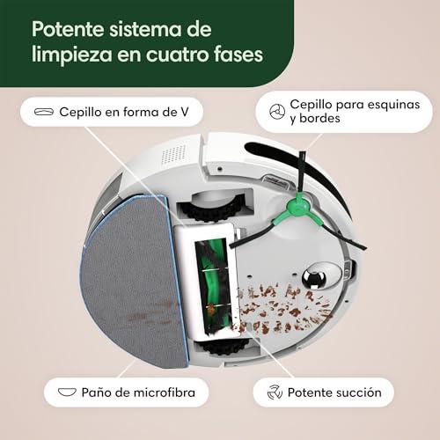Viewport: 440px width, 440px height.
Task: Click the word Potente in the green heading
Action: (68, 29)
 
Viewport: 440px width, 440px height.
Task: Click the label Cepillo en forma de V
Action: (124, 112)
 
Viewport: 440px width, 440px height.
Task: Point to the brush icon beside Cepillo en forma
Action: (44, 112)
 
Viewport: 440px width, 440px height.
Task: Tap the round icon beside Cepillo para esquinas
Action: (277, 112)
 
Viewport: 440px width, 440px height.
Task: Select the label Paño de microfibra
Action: (138, 392)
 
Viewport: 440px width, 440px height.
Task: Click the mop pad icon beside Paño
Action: (67, 392)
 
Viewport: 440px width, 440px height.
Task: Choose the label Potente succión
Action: (334, 392)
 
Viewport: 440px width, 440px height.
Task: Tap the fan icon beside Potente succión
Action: (275, 392)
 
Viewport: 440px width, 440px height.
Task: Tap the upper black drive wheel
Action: (212, 207)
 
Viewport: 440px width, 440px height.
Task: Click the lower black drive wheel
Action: (224, 347)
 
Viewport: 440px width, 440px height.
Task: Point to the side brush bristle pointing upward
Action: (302, 175)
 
